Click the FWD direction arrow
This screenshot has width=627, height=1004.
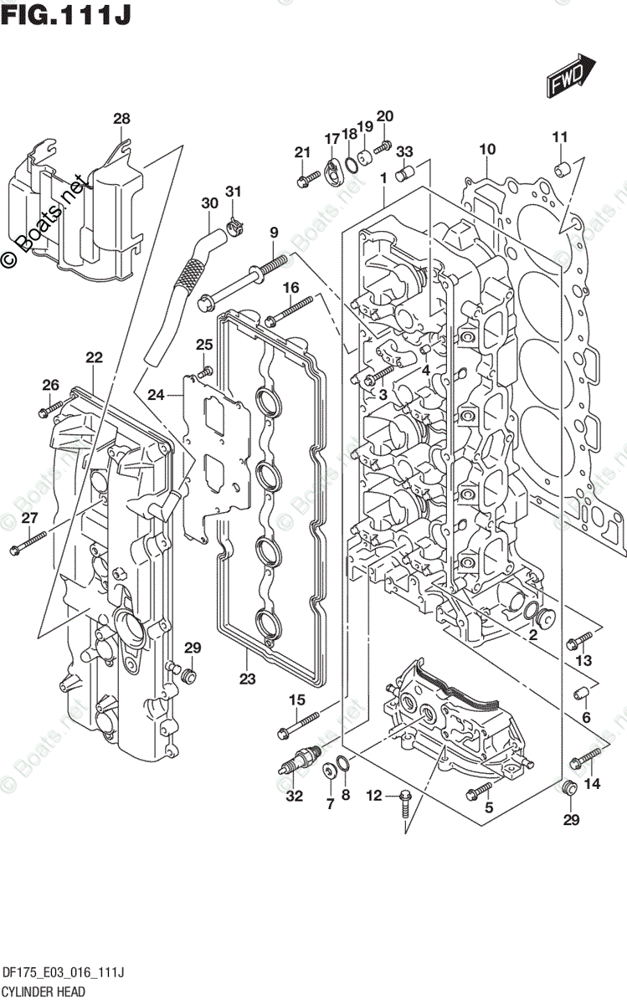click(571, 77)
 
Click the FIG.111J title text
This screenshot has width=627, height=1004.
click(65, 14)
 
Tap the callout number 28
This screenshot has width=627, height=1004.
click(122, 119)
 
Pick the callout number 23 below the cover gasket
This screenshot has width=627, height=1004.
click(247, 679)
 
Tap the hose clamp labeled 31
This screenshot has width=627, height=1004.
click(234, 224)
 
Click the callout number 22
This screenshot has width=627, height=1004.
click(94, 358)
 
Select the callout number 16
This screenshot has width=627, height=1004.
click(290, 288)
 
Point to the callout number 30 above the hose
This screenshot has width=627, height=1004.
click(209, 203)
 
